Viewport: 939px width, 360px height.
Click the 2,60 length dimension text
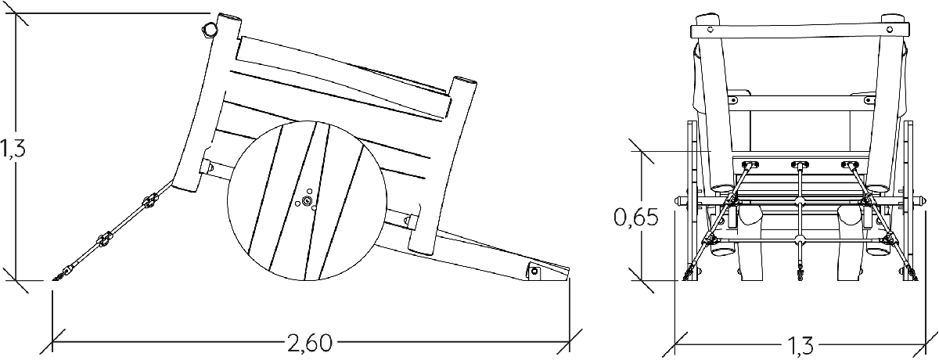pos(309,344)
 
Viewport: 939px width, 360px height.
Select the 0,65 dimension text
pos(636,218)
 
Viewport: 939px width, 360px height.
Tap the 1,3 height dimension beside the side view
pos(13,149)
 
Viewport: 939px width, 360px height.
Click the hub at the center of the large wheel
pos(308,201)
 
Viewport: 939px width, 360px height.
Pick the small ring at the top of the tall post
pos(209,30)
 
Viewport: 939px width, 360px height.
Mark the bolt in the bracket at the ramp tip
pos(534,271)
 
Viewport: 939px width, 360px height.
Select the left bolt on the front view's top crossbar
pos(711,29)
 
